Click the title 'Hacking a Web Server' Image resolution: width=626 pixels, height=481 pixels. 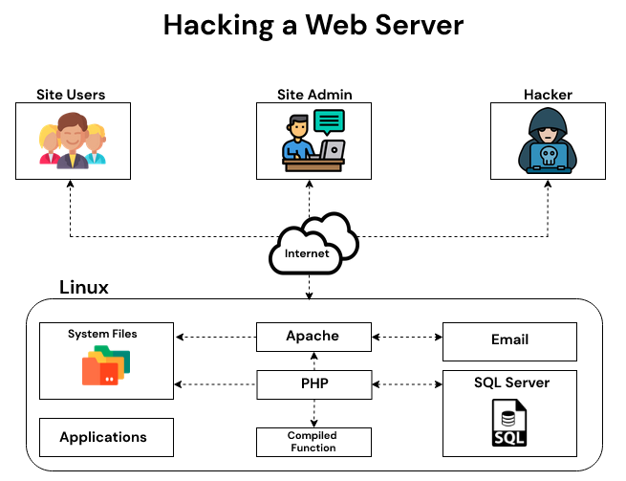coord(313,25)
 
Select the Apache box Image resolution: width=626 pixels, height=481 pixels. coord(313,337)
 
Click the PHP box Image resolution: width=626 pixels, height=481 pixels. coord(313,384)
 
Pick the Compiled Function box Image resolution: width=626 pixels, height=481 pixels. coord(313,442)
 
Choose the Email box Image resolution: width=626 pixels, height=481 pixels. coord(509,340)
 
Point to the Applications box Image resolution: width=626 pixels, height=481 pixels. coord(106,437)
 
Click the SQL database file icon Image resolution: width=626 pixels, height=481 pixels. coord(509,424)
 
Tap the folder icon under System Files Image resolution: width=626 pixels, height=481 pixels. coord(105,366)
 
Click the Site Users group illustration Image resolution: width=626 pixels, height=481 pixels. coord(71,142)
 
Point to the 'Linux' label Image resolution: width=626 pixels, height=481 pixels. coord(84,287)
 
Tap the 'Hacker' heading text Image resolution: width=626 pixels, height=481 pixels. coord(548,94)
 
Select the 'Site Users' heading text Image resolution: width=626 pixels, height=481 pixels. coord(71,94)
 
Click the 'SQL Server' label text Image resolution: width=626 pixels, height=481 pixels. coord(511,383)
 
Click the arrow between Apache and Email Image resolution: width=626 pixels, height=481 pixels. coord(405,337)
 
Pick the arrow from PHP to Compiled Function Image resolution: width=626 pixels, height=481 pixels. coord(313,413)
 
